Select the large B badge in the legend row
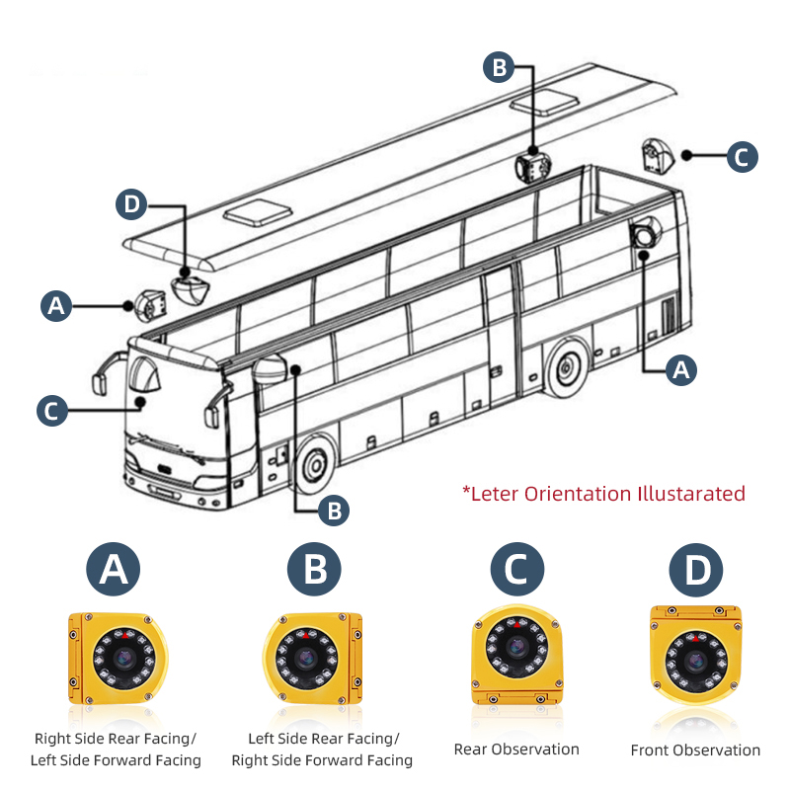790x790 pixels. tap(314, 570)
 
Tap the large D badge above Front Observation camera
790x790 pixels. tap(696, 570)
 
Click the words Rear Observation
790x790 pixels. tap(516, 749)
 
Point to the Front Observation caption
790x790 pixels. tap(695, 750)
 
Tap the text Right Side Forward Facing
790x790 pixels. tap(322, 760)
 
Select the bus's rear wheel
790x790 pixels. tap(567, 367)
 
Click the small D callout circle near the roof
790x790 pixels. tap(131, 206)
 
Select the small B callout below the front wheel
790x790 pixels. tap(335, 510)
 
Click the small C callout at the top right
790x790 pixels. tap(742, 156)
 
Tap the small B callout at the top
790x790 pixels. tap(499, 67)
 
